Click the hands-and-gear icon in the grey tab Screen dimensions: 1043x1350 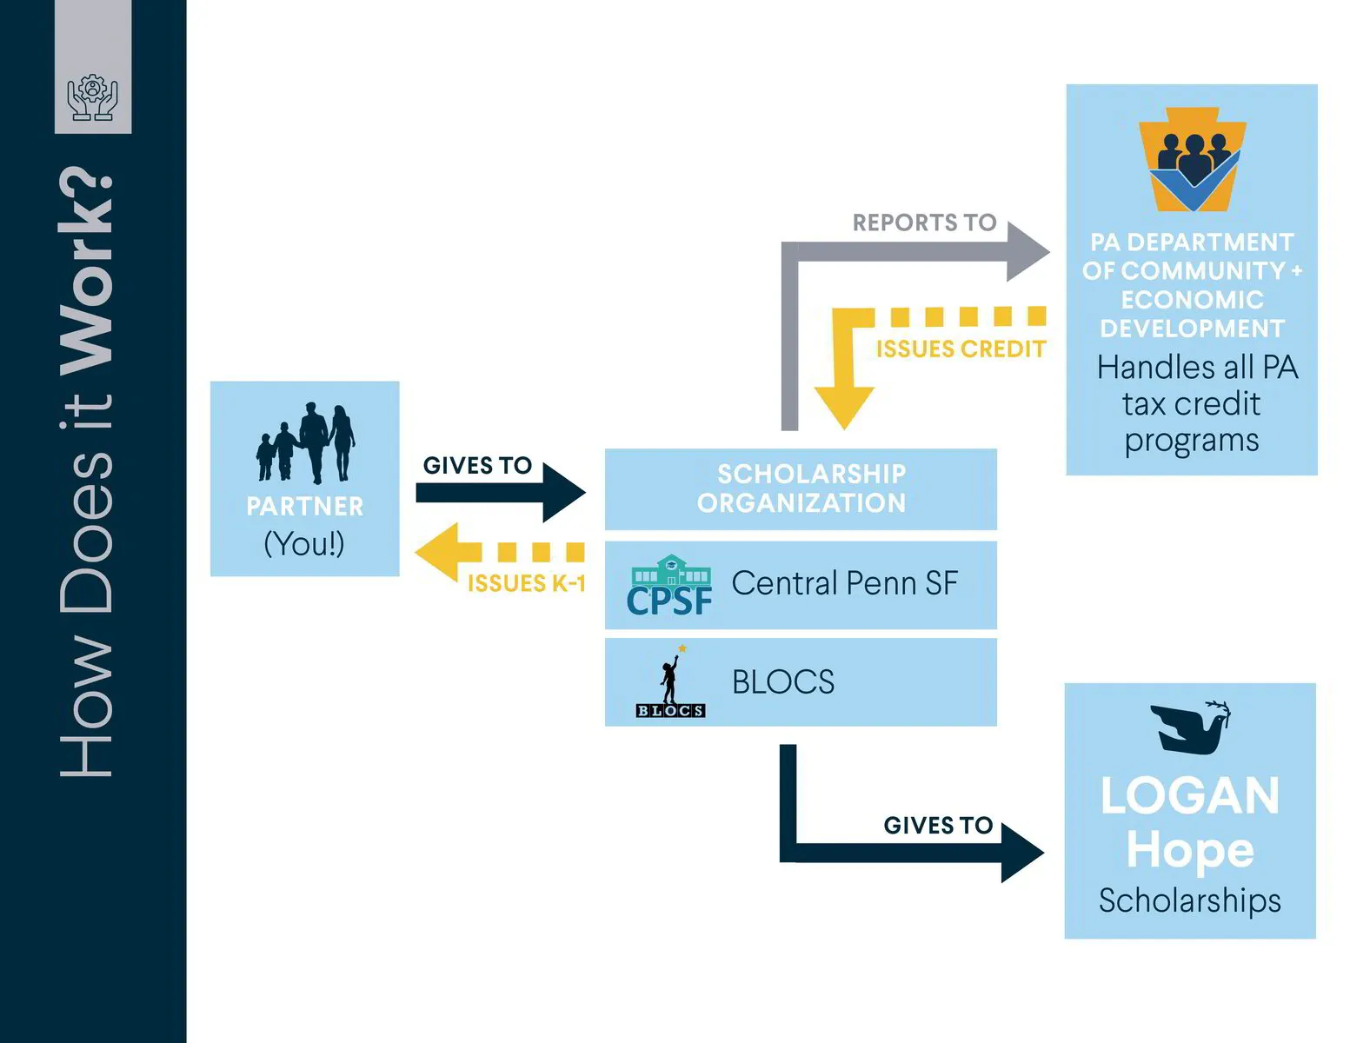92,97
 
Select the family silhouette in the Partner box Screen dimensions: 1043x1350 305,443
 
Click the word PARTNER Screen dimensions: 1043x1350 305,506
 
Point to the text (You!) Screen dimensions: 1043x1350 304,544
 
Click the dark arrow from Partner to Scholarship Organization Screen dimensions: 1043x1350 499,493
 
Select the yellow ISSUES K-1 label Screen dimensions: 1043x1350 527,583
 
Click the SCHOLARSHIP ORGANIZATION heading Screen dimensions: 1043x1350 801,488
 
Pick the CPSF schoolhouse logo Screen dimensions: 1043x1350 669,586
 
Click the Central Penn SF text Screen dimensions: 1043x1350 844,583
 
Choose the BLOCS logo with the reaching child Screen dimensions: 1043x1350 670,682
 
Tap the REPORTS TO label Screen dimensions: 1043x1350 924,223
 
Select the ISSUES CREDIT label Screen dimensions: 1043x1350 961,349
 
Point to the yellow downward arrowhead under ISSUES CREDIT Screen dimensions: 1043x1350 843,406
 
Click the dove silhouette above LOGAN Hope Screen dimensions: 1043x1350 1190,726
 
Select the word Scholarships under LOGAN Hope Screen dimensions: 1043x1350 1189,900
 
